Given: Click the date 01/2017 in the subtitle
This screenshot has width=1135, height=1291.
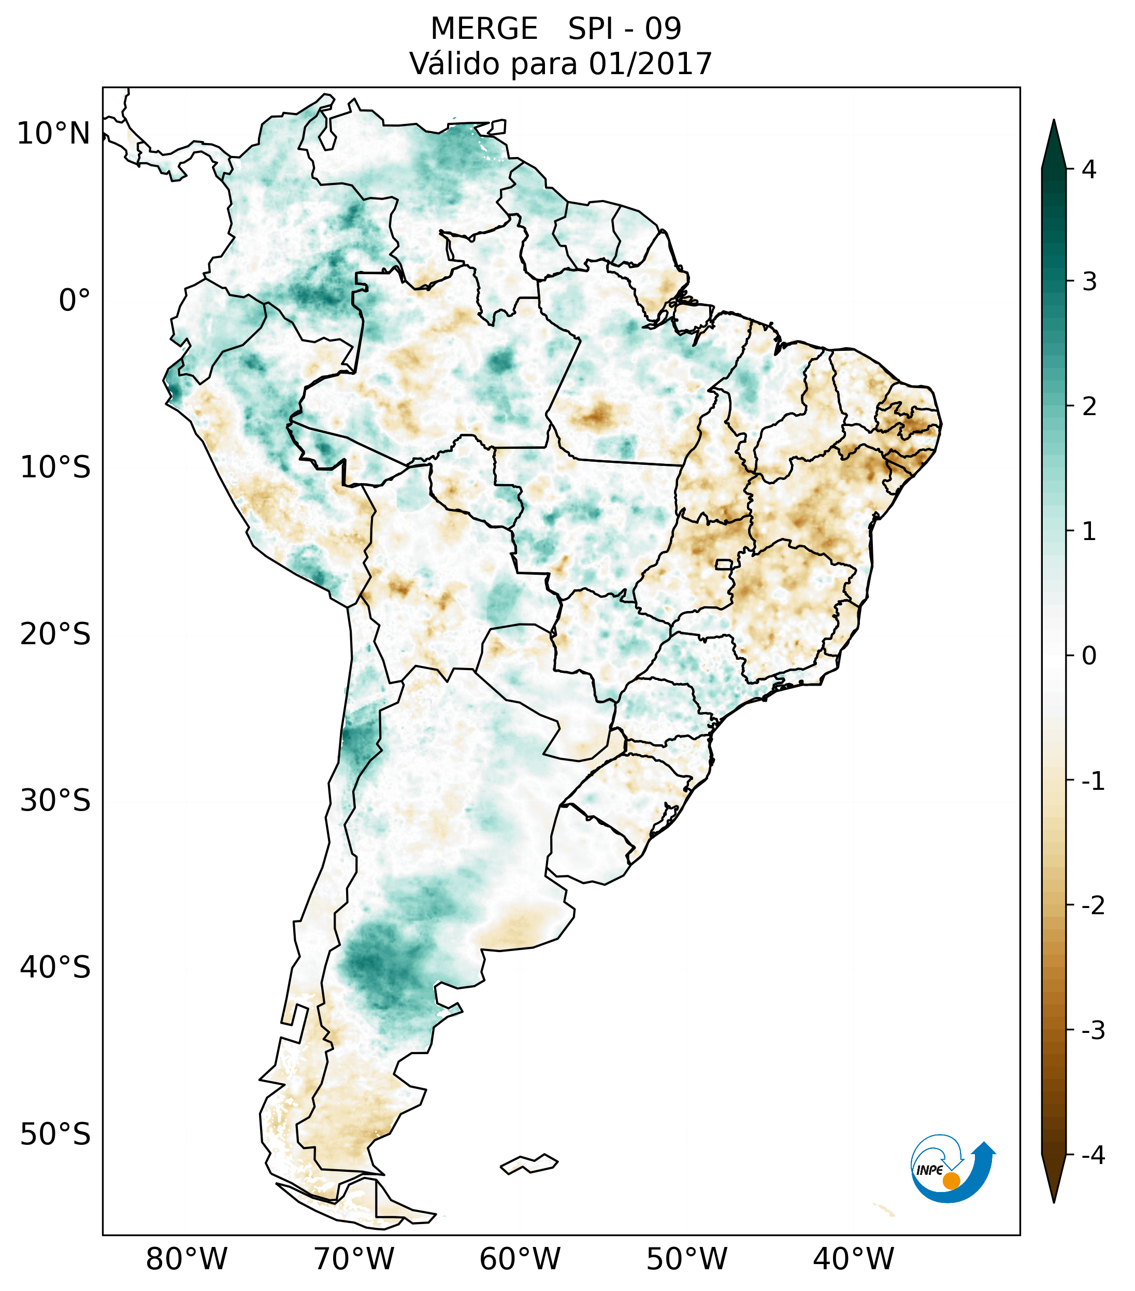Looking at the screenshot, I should coord(650,64).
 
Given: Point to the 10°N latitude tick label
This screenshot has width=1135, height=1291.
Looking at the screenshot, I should coord(54,134).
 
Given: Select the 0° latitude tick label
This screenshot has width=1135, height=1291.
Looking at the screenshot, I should coord(75,301).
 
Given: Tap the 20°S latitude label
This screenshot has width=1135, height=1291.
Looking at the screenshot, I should coord(55,634).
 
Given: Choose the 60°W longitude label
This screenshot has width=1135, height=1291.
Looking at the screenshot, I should coord(520,1259).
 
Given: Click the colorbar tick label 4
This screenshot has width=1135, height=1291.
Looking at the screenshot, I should coord(1089,169).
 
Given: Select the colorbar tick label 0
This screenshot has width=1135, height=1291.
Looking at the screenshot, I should coord(1089,656).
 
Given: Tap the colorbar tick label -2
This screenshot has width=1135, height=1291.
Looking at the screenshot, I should coord(1093,906).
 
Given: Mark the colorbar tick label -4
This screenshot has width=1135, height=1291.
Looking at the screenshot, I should coord(1093,1156).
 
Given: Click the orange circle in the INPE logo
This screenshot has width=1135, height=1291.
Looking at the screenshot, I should coord(951,1181).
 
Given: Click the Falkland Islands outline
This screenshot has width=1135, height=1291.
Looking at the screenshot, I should coord(529,1164).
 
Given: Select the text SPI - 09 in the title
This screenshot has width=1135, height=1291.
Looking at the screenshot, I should coord(624,29).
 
